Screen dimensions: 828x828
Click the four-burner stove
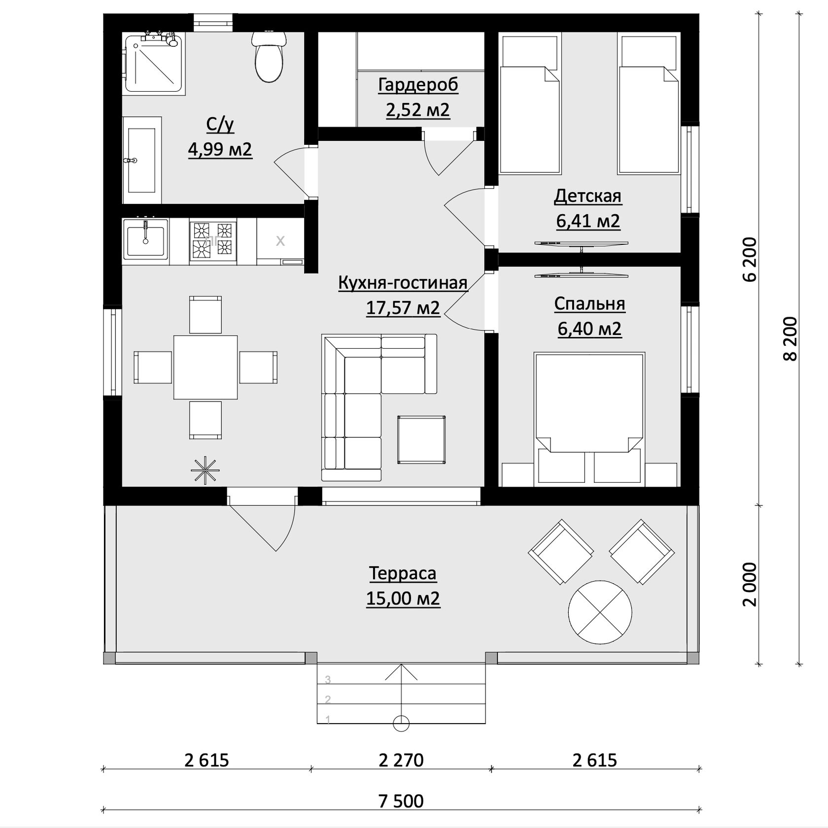[212, 241]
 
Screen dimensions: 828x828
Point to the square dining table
[205, 367]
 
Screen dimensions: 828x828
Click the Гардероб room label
[418, 85]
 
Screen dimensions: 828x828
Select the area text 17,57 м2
[403, 308]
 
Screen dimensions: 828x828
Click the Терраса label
[403, 573]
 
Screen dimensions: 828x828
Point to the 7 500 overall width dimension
[401, 801]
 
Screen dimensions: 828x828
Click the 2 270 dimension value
[401, 760]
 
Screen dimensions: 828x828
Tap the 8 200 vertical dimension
[790, 339]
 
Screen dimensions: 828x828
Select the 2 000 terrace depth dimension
[749, 585]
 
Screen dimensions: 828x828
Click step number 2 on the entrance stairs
[328, 699]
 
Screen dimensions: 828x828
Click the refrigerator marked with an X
[280, 241]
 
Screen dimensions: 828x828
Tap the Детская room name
[588, 196]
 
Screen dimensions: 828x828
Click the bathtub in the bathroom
[142, 160]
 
